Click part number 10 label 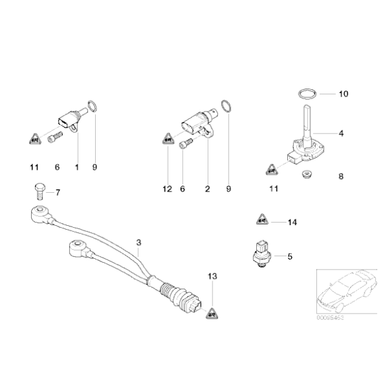(x=342, y=94)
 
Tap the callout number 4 (x=341, y=133)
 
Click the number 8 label (x=341, y=176)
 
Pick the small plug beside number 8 (x=305, y=174)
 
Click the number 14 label (x=293, y=222)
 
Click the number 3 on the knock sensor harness (x=139, y=242)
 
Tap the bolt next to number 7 (x=37, y=192)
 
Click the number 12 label (x=167, y=189)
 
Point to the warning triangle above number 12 (x=166, y=140)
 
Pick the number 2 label (x=207, y=189)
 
